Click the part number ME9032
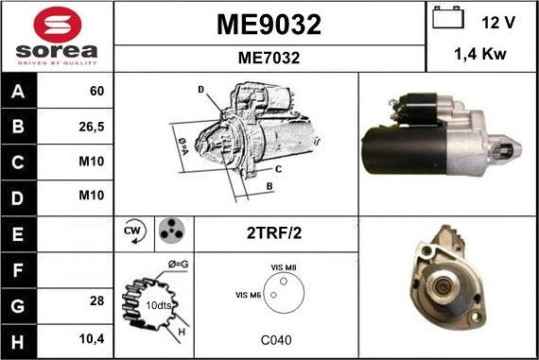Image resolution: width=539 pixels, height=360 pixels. pos(269,25)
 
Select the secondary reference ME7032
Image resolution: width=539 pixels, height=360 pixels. pos(269,58)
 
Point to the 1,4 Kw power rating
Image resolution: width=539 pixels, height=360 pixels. pos(481,56)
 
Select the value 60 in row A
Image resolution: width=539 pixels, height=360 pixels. pos(96,92)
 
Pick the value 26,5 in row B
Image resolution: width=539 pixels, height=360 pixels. pos(96,126)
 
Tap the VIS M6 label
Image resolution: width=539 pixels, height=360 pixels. pos(249,295)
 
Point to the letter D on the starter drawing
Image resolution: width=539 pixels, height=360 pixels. pos(201,89)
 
